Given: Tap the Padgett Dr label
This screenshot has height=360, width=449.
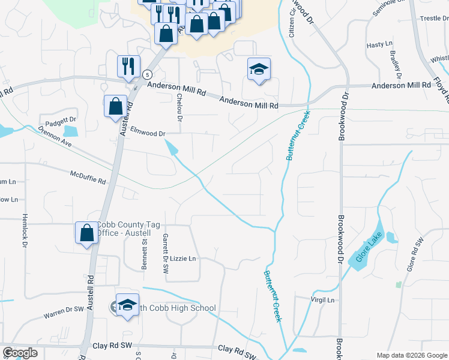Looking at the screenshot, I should pos(57,119).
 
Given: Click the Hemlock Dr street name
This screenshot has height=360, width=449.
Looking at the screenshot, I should pos(25,231).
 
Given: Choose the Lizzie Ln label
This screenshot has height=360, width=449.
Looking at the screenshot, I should pos(183,259).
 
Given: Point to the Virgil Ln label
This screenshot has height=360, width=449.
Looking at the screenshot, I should pos(322,299).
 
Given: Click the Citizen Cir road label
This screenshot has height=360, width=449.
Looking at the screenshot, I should pos(292,25).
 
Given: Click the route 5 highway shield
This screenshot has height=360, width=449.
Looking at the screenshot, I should pos(147,74).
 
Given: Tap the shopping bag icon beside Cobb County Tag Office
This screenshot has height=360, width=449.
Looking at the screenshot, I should pos(86,233).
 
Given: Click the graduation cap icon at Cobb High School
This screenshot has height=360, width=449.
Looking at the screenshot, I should pos(127,304).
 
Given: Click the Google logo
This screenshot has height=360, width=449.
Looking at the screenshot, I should pos(20,353).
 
